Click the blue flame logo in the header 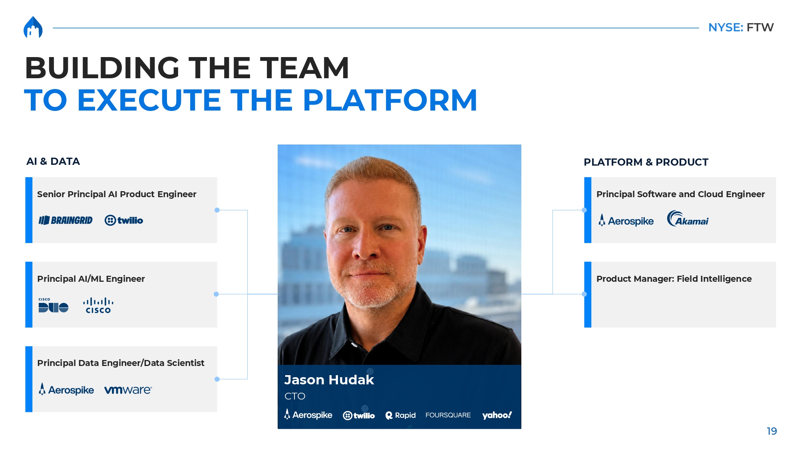tap(33, 27)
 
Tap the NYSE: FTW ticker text tap(741, 27)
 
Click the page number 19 tap(772, 431)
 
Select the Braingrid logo tap(66, 220)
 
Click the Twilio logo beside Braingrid tap(124, 220)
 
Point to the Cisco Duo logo tap(54, 305)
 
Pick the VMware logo tap(128, 390)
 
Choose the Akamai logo tap(688, 219)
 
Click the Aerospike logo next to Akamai tap(626, 220)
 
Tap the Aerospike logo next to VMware tap(66, 390)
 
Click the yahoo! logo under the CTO tap(497, 415)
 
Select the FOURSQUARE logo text tap(448, 415)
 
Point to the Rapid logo tap(400, 415)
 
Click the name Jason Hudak tap(329, 380)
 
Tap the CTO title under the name tap(295, 396)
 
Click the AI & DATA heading tap(53, 161)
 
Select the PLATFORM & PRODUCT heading tap(646, 162)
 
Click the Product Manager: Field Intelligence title tap(674, 279)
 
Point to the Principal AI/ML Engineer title tap(91, 279)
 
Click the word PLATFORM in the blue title tap(390, 100)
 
